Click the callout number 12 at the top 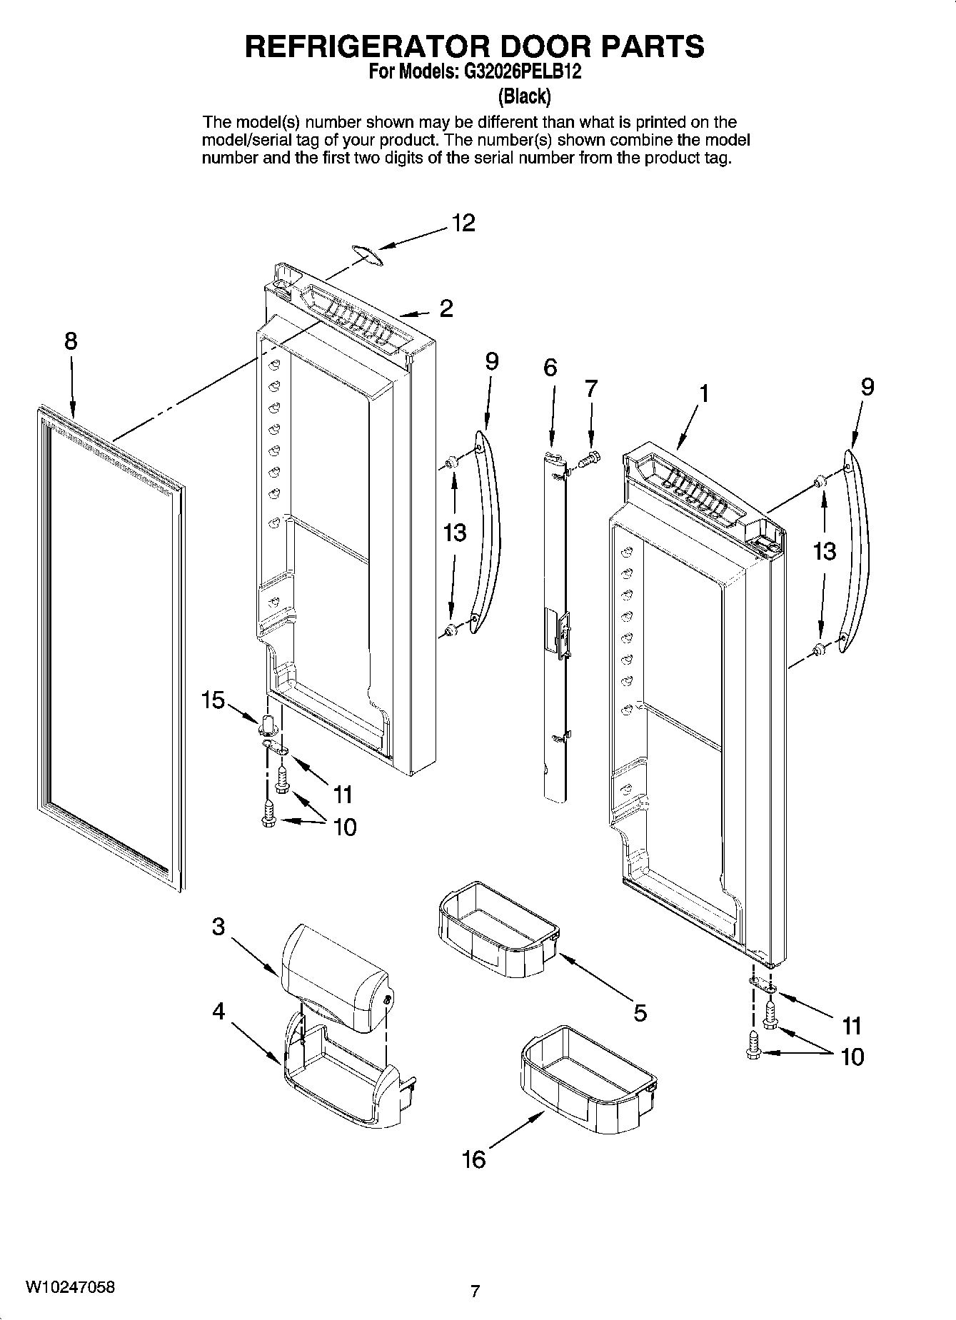point(463,223)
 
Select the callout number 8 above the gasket point(71,341)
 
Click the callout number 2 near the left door point(446,309)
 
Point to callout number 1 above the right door point(704,393)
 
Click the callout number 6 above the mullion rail point(550,368)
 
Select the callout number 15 point(213,700)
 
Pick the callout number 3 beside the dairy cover point(218,927)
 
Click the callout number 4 point(218,1011)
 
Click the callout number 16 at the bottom point(473,1159)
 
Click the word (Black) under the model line point(524,95)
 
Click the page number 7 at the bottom point(475,1291)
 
